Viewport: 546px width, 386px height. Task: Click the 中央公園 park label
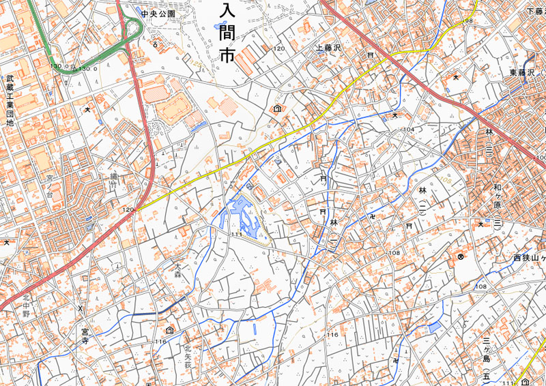tap(158, 13)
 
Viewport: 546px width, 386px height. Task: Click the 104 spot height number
tap(408, 129)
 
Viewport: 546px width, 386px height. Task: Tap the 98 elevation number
tap(468, 21)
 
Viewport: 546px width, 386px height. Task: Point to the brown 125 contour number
tap(199, 63)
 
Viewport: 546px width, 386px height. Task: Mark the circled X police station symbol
tap(461, 256)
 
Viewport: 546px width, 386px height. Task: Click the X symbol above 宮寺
tap(81, 308)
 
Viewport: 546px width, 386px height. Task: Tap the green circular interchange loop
tap(132, 29)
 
